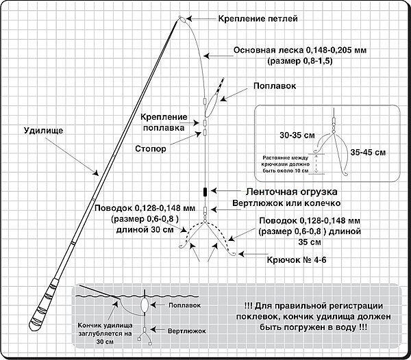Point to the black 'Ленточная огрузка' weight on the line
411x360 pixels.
pyautogui.click(x=204, y=191)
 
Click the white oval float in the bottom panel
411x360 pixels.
pyautogui.click(x=145, y=303)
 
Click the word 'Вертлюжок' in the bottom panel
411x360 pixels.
pyautogui.click(x=186, y=330)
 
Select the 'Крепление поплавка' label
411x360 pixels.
pyautogui.click(x=165, y=121)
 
